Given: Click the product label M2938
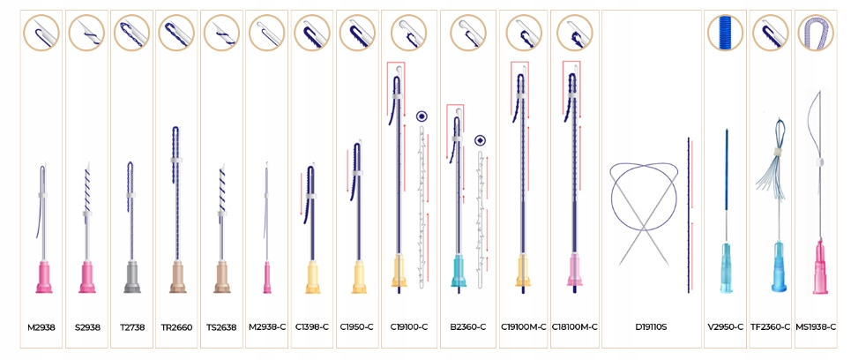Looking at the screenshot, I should pyautogui.click(x=41, y=327).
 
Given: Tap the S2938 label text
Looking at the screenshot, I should pyautogui.click(x=86, y=327).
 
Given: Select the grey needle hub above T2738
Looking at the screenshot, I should pyautogui.click(x=131, y=275).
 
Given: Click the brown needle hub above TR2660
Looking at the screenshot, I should pyautogui.click(x=176, y=275).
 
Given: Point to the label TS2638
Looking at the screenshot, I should pyautogui.click(x=221, y=327).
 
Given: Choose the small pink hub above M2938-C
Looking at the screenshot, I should pyautogui.click(x=266, y=277).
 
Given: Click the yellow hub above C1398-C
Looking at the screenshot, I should pyautogui.click(x=311, y=276).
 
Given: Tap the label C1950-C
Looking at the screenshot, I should pyautogui.click(x=357, y=327).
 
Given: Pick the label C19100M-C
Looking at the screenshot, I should pyautogui.click(x=523, y=327).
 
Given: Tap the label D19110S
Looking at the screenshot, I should pyautogui.click(x=651, y=327).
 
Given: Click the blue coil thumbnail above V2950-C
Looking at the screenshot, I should pyautogui.click(x=725, y=33).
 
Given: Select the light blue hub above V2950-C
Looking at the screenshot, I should pyautogui.click(x=725, y=264).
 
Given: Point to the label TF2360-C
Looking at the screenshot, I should pyautogui.click(x=770, y=327).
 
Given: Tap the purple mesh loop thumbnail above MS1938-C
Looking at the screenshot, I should pyautogui.click(x=817, y=33).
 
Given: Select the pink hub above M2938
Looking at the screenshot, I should pyautogui.click(x=41, y=276).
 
